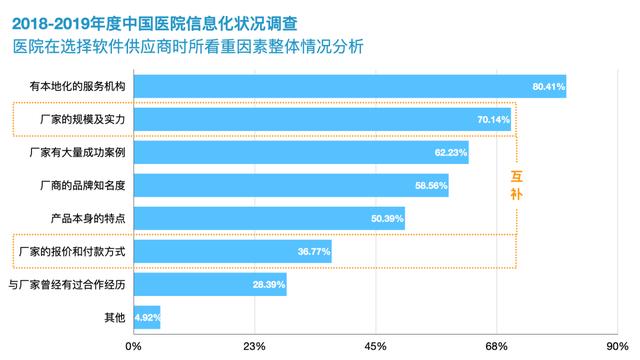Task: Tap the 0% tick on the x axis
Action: [133, 346]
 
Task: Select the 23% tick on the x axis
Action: [254, 346]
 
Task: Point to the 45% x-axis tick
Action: [375, 346]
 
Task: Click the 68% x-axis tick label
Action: [496, 346]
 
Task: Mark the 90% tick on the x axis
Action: [617, 346]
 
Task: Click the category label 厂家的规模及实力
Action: [84, 120]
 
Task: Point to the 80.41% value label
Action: [548, 87]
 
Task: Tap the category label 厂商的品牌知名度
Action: [84, 186]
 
